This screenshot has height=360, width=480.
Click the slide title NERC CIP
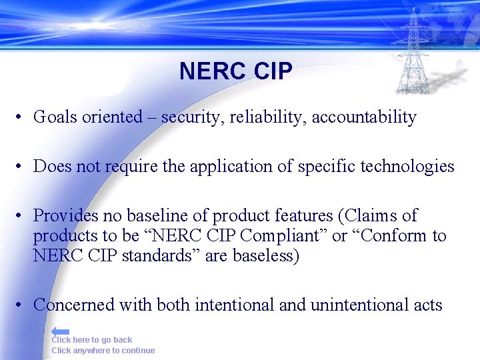(x=235, y=71)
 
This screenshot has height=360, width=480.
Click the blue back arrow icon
(x=60, y=331)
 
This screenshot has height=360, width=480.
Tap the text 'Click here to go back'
(x=92, y=340)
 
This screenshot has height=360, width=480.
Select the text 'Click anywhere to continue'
(x=103, y=351)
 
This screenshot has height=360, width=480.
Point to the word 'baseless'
(x=263, y=256)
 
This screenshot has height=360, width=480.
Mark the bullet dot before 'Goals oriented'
(x=21, y=118)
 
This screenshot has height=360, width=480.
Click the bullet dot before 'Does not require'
(x=21, y=167)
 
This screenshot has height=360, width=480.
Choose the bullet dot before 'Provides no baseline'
(x=21, y=216)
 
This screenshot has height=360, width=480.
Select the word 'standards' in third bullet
(x=153, y=256)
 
